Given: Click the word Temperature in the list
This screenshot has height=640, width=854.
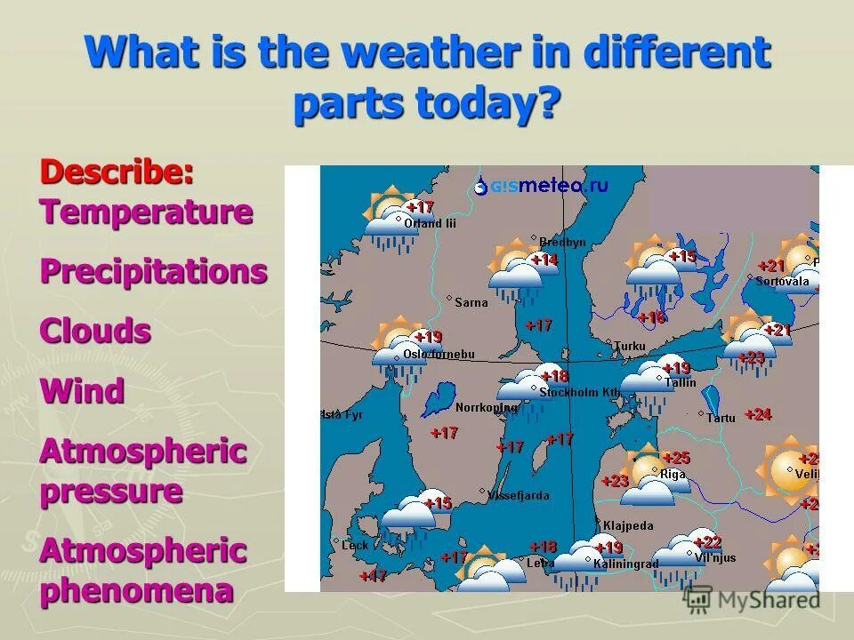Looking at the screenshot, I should click(x=146, y=212).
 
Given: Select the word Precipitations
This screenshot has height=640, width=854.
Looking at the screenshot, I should click(x=153, y=271).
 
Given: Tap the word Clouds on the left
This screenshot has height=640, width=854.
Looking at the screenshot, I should click(x=95, y=331).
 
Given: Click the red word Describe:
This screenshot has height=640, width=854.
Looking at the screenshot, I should click(x=117, y=172).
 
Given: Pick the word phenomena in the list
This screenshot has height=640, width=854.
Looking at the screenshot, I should click(x=136, y=590).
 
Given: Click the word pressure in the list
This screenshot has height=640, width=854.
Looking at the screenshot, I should click(x=111, y=491).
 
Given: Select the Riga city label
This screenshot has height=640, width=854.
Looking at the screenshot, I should click(x=672, y=474).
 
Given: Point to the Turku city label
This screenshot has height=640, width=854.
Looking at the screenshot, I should click(x=629, y=346).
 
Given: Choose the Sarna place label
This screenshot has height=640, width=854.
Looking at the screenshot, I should click(x=471, y=302).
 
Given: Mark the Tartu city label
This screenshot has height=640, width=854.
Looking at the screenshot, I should click(x=721, y=417).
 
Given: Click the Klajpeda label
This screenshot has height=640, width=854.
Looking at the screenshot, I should click(x=628, y=525).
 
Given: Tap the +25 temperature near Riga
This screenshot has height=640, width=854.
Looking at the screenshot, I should click(x=676, y=458).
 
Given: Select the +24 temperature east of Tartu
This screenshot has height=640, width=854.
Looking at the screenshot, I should click(x=758, y=414).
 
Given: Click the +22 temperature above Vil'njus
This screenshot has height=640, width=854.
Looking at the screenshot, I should click(x=707, y=541).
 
